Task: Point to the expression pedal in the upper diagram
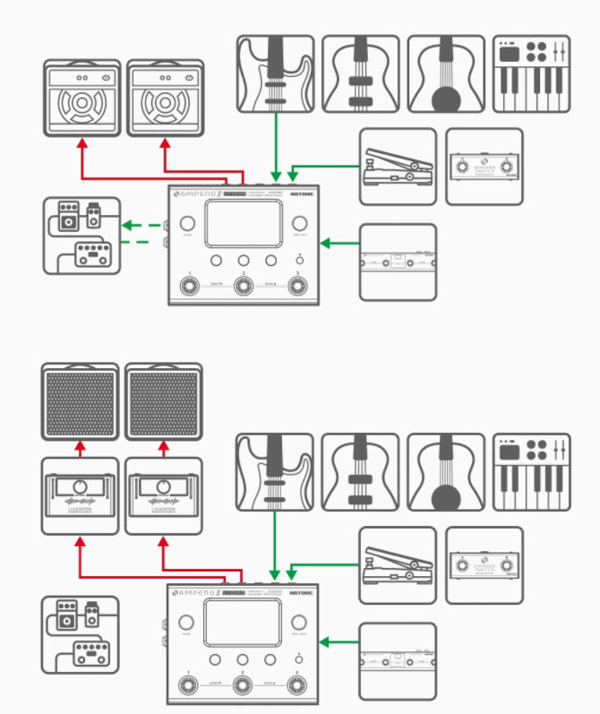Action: pyautogui.click(x=398, y=167)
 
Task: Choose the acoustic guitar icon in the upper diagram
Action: pyautogui.click(x=445, y=73)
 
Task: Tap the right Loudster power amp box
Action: pyautogui.click(x=162, y=495)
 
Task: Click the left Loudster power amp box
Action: pyautogui.click(x=80, y=495)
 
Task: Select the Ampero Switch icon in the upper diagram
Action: pyautogui.click(x=484, y=167)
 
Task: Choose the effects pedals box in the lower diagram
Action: pyautogui.click(x=80, y=635)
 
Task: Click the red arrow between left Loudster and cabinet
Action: pyautogui.click(x=80, y=447)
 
